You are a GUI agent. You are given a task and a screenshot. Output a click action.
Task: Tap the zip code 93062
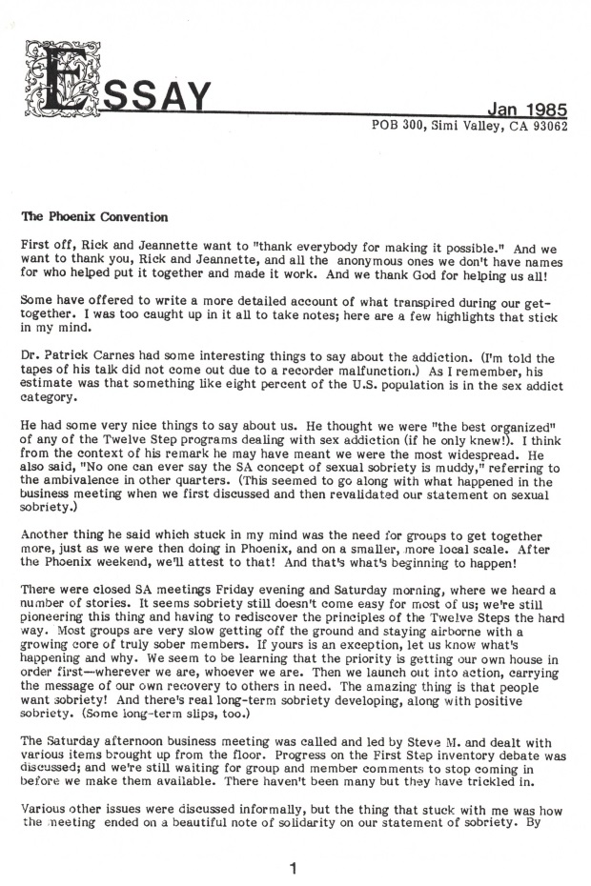(548, 126)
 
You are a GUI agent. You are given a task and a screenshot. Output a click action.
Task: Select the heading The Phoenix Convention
(83, 216)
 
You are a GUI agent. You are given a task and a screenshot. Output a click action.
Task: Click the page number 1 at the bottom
(294, 868)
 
